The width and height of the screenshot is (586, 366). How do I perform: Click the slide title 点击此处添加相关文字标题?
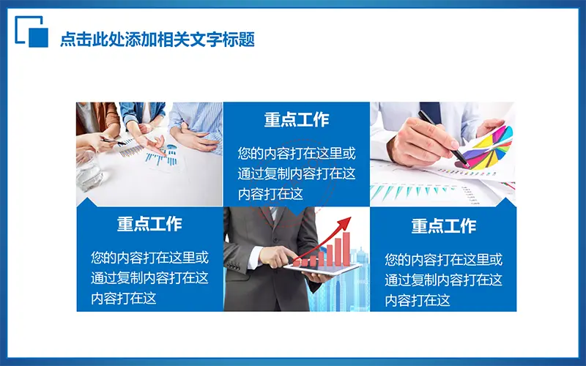pyautogui.click(x=157, y=40)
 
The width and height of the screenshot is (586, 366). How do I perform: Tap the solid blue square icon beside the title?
pyautogui.click(x=39, y=38)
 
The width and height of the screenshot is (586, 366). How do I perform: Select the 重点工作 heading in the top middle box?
pyautogui.click(x=297, y=120)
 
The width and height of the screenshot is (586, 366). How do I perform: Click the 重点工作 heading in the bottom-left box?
pyautogui.click(x=149, y=224)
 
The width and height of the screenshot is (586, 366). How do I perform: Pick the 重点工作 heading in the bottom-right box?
pyautogui.click(x=444, y=226)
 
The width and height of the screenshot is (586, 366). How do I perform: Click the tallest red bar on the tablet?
pyautogui.click(x=346, y=249)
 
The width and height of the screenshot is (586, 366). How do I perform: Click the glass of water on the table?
pyautogui.click(x=89, y=171)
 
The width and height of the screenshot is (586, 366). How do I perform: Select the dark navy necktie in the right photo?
pyautogui.click(x=431, y=112)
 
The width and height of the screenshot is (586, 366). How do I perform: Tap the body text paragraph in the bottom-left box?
pyautogui.click(x=149, y=278)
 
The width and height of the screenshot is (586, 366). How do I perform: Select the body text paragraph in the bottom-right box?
pyautogui.click(x=444, y=280)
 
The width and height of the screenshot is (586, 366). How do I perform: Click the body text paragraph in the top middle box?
pyautogui.click(x=297, y=173)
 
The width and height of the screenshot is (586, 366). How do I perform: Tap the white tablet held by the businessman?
pyautogui.click(x=322, y=269)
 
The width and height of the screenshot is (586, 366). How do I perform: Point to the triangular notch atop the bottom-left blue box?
pyautogui.click(x=87, y=202)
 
